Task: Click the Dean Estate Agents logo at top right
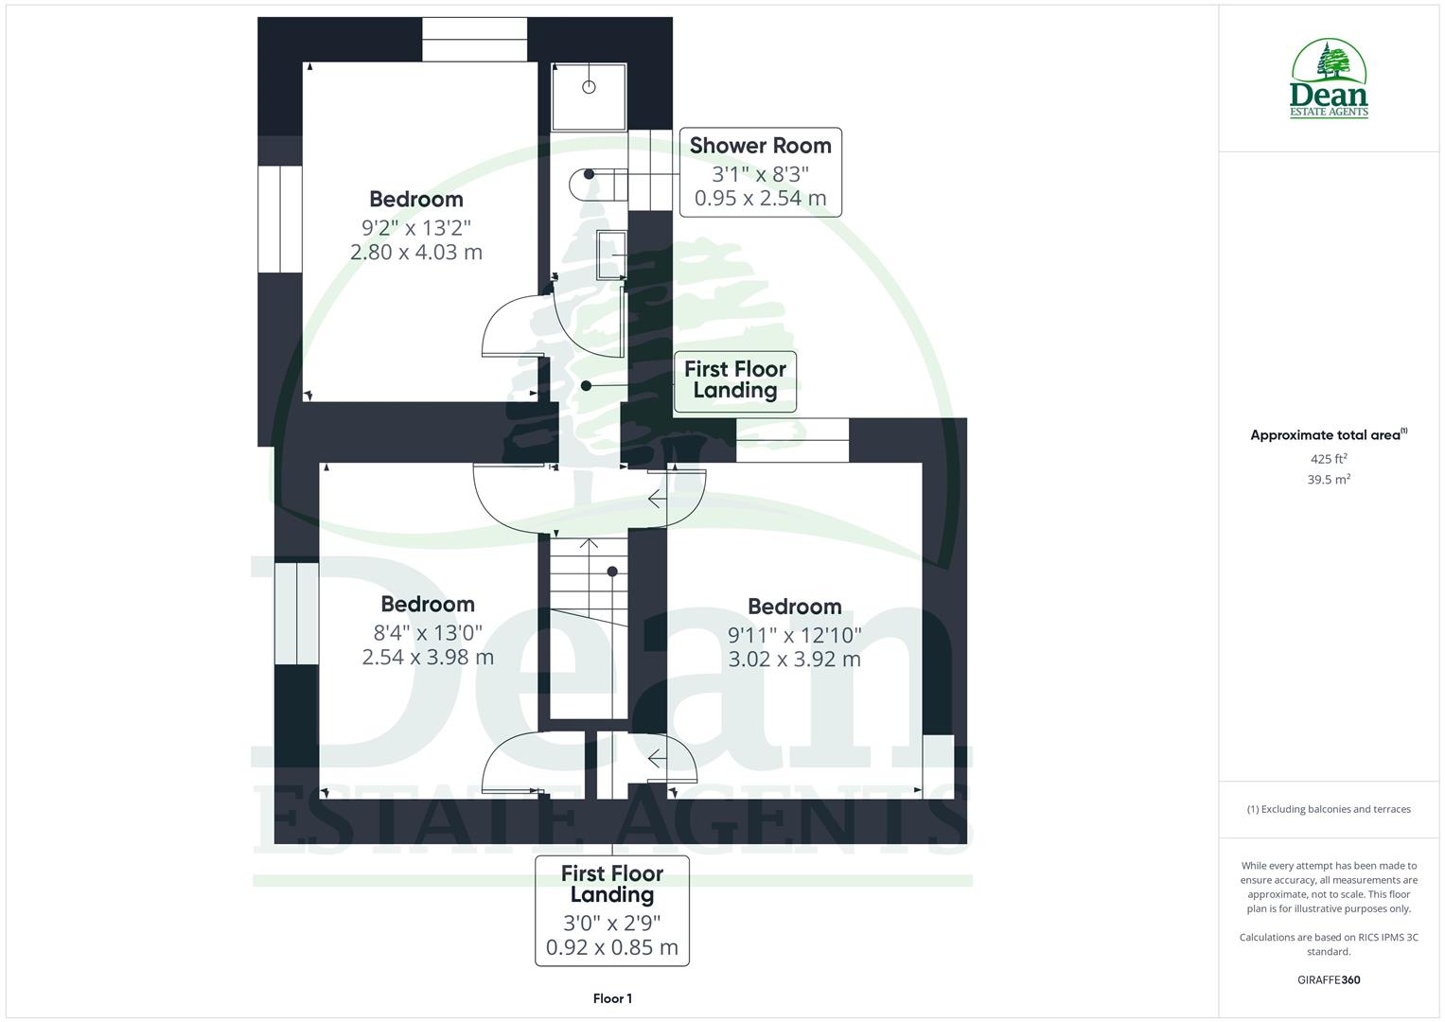(x=1329, y=79)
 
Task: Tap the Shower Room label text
(x=760, y=146)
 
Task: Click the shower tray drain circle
(x=589, y=87)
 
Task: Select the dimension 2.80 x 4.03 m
(x=416, y=252)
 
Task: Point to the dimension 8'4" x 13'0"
(x=428, y=631)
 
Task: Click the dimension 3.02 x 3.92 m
(x=794, y=659)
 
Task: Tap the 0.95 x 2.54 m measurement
(x=760, y=198)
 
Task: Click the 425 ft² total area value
(x=1328, y=459)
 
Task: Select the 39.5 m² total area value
(x=1328, y=480)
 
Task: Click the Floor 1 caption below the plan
(x=612, y=998)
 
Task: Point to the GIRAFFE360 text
(x=1328, y=979)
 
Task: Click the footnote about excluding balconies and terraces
(x=1328, y=809)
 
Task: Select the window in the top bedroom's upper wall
(x=474, y=39)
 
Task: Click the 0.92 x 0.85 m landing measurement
(x=612, y=947)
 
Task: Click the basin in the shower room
(x=610, y=254)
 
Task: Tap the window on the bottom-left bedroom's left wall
(x=296, y=613)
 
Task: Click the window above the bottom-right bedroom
(x=792, y=440)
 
